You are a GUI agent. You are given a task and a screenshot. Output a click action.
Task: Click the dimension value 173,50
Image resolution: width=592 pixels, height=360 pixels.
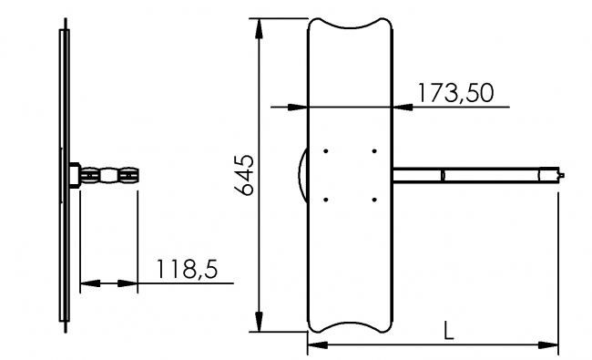pyautogui.click(x=454, y=92)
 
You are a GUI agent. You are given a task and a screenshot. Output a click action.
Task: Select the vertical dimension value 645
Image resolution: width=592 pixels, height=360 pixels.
pyautogui.click(x=243, y=175)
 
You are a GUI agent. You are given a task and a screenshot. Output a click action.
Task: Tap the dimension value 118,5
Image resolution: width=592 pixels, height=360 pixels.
pyautogui.click(x=189, y=270)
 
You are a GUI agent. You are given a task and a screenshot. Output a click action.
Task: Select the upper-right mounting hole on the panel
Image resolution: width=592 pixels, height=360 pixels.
pyautogui.click(x=374, y=150)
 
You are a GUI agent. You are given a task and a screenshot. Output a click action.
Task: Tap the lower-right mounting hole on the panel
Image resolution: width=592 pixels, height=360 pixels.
pyautogui.click(x=374, y=199)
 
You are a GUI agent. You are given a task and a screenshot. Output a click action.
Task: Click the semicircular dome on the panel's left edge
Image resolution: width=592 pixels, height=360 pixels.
pyautogui.click(x=302, y=174)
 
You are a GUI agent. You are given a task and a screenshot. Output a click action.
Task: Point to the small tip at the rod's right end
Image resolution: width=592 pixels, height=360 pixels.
pyautogui.click(x=568, y=174)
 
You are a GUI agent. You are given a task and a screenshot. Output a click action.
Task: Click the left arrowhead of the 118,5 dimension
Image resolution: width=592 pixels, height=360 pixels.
pyautogui.click(x=87, y=284)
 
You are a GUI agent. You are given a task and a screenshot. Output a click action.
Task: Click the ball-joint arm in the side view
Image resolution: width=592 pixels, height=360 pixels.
pyautogui.click(x=109, y=175)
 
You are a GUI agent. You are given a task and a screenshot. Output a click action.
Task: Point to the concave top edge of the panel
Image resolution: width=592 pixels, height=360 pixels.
pyautogui.click(x=351, y=24)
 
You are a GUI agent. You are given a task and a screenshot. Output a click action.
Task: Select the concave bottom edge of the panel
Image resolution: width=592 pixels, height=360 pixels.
pyautogui.click(x=351, y=324)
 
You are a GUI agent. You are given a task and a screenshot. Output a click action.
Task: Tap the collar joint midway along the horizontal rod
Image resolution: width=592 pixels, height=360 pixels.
pyautogui.click(x=444, y=174)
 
